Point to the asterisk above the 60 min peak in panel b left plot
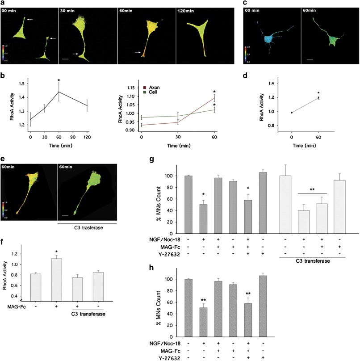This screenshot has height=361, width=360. pos(59,81)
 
